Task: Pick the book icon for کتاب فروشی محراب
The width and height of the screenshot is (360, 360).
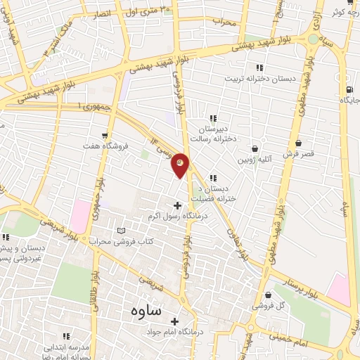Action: click(x=121, y=231)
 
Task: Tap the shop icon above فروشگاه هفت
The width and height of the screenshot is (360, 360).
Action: click(x=104, y=135)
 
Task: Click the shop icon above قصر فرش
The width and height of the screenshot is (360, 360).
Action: click(x=300, y=143)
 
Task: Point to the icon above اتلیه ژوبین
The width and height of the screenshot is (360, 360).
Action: click(x=255, y=148)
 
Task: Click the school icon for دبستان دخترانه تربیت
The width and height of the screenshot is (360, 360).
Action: click(x=259, y=67)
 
